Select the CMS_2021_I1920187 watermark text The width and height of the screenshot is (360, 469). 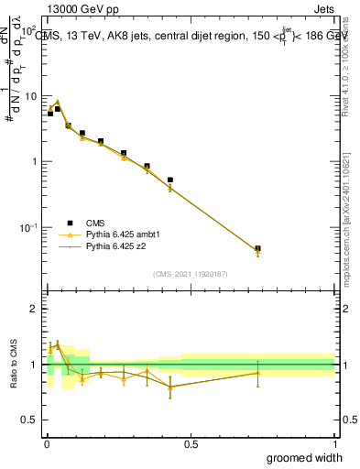[190, 273]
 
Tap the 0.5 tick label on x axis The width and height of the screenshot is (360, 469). [190, 443]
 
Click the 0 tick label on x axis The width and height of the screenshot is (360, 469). [46, 443]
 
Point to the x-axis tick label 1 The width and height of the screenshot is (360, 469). [333, 443]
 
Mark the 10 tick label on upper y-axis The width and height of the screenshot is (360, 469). [31, 96]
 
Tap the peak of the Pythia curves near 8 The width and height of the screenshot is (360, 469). [57, 102]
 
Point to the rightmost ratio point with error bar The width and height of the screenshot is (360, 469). [257, 372]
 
